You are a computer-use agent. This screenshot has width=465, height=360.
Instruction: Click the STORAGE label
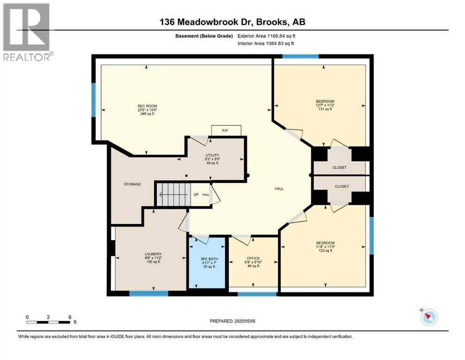(133, 184)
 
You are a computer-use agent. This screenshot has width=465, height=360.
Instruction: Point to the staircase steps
(173, 194)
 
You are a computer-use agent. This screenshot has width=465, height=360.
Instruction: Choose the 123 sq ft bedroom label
(325, 247)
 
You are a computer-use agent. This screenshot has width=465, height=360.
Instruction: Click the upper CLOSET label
(340, 167)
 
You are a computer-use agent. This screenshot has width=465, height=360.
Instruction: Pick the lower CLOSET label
(342, 187)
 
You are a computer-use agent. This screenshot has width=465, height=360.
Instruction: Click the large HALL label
(279, 188)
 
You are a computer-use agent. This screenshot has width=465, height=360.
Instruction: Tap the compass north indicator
(428, 317)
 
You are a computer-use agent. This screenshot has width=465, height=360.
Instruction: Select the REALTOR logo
(27, 32)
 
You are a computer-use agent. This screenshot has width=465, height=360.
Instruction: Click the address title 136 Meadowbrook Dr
(232, 22)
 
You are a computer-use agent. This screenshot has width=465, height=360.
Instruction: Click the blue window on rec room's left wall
(94, 100)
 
